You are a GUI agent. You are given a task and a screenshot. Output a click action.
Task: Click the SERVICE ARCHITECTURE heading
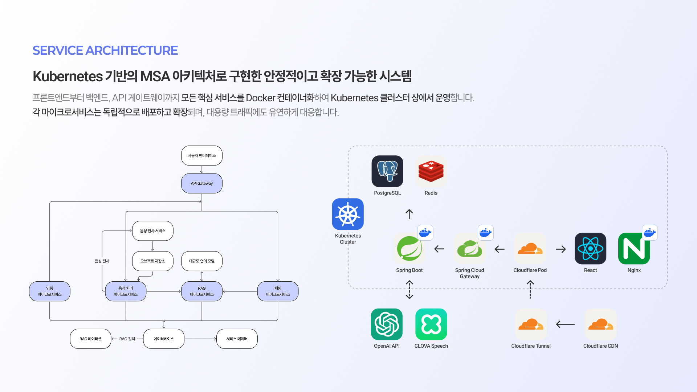click(x=105, y=50)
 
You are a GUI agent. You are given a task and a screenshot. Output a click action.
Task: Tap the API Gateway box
click(x=202, y=183)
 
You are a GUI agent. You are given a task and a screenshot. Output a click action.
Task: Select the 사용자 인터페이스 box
click(x=202, y=156)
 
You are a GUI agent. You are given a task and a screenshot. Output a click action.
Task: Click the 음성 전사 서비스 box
click(x=153, y=231)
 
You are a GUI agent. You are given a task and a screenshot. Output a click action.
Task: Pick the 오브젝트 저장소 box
click(x=153, y=261)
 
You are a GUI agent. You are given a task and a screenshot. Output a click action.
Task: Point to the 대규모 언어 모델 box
click(x=202, y=261)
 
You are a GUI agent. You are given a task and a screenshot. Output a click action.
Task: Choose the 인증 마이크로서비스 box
click(x=50, y=291)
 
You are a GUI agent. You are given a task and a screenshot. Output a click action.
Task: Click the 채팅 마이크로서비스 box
click(x=278, y=291)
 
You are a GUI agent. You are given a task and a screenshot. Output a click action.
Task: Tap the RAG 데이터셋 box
click(x=90, y=339)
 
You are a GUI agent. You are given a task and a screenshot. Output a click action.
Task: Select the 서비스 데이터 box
click(x=237, y=339)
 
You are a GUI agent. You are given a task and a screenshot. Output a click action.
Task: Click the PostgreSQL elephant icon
click(x=387, y=171)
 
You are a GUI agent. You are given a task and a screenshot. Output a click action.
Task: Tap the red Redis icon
click(x=431, y=171)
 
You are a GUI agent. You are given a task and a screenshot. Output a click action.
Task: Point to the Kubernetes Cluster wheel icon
click(x=348, y=214)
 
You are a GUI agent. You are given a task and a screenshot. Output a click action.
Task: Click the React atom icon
click(x=590, y=249)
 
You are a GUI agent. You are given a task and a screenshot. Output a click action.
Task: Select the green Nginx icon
click(x=634, y=249)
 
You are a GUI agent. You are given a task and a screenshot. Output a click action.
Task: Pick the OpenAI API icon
click(x=387, y=324)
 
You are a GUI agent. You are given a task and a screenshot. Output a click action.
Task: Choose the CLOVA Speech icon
click(x=431, y=324)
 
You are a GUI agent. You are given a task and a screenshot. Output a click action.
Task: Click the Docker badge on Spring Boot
click(x=425, y=233)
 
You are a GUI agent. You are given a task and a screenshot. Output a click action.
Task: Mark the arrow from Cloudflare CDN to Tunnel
click(x=566, y=324)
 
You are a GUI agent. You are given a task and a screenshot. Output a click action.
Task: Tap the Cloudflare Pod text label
click(x=530, y=270)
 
